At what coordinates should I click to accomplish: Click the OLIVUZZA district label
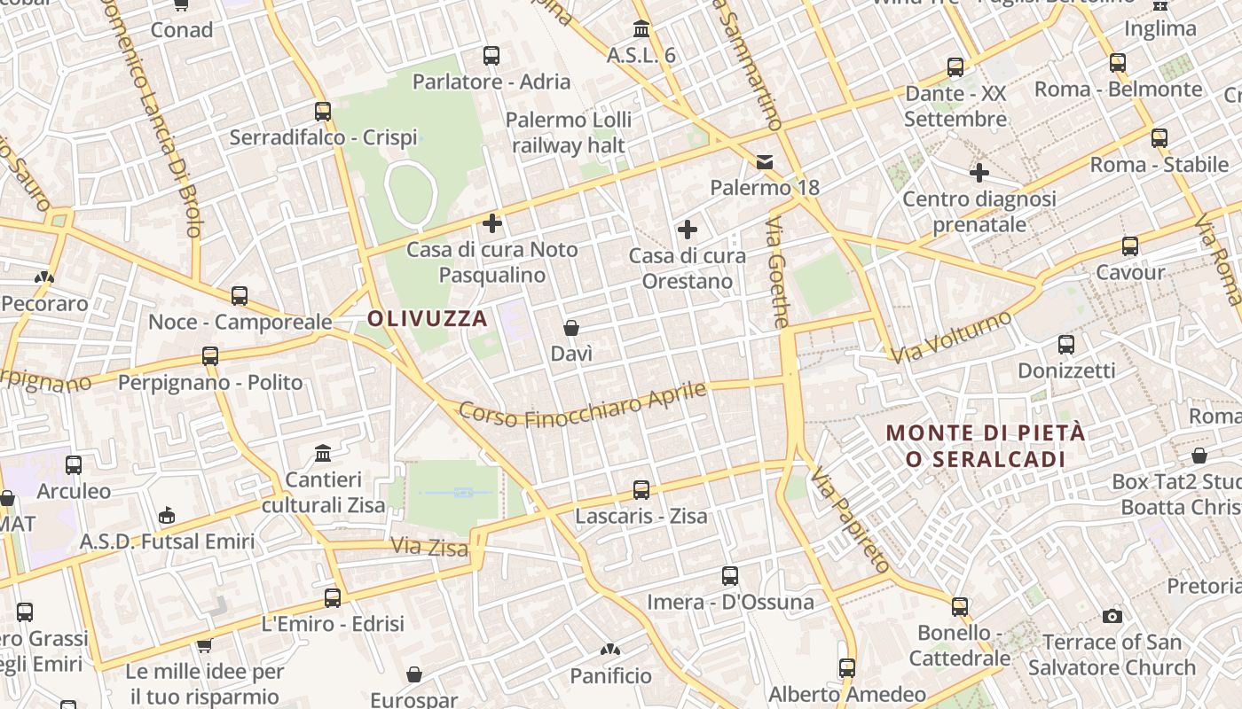[x=428, y=319]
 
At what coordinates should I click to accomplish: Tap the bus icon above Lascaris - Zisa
[x=641, y=489]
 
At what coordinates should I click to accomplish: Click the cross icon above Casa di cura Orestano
[x=687, y=230]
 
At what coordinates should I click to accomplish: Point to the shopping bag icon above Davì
[x=571, y=328]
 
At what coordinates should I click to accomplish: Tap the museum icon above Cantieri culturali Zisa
[x=323, y=454]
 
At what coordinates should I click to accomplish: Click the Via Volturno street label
[x=952, y=337]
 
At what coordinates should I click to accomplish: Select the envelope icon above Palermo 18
[x=764, y=161]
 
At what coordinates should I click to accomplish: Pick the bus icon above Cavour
[x=1129, y=245]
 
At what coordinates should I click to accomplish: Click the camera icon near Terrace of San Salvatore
[x=1112, y=616]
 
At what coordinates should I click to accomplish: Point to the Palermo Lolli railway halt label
[x=569, y=132]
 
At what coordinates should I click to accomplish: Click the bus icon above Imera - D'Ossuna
[x=729, y=576]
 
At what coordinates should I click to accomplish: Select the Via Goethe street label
[x=777, y=272]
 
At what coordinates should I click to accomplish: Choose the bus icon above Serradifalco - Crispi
[x=323, y=112]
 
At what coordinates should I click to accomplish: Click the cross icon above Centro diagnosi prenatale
[x=979, y=172]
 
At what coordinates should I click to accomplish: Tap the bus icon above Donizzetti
[x=1065, y=344]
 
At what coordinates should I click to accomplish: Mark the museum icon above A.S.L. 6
[x=641, y=28]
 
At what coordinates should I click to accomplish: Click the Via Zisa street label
[x=429, y=547]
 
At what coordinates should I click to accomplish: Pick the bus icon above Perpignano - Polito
[x=210, y=356]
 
